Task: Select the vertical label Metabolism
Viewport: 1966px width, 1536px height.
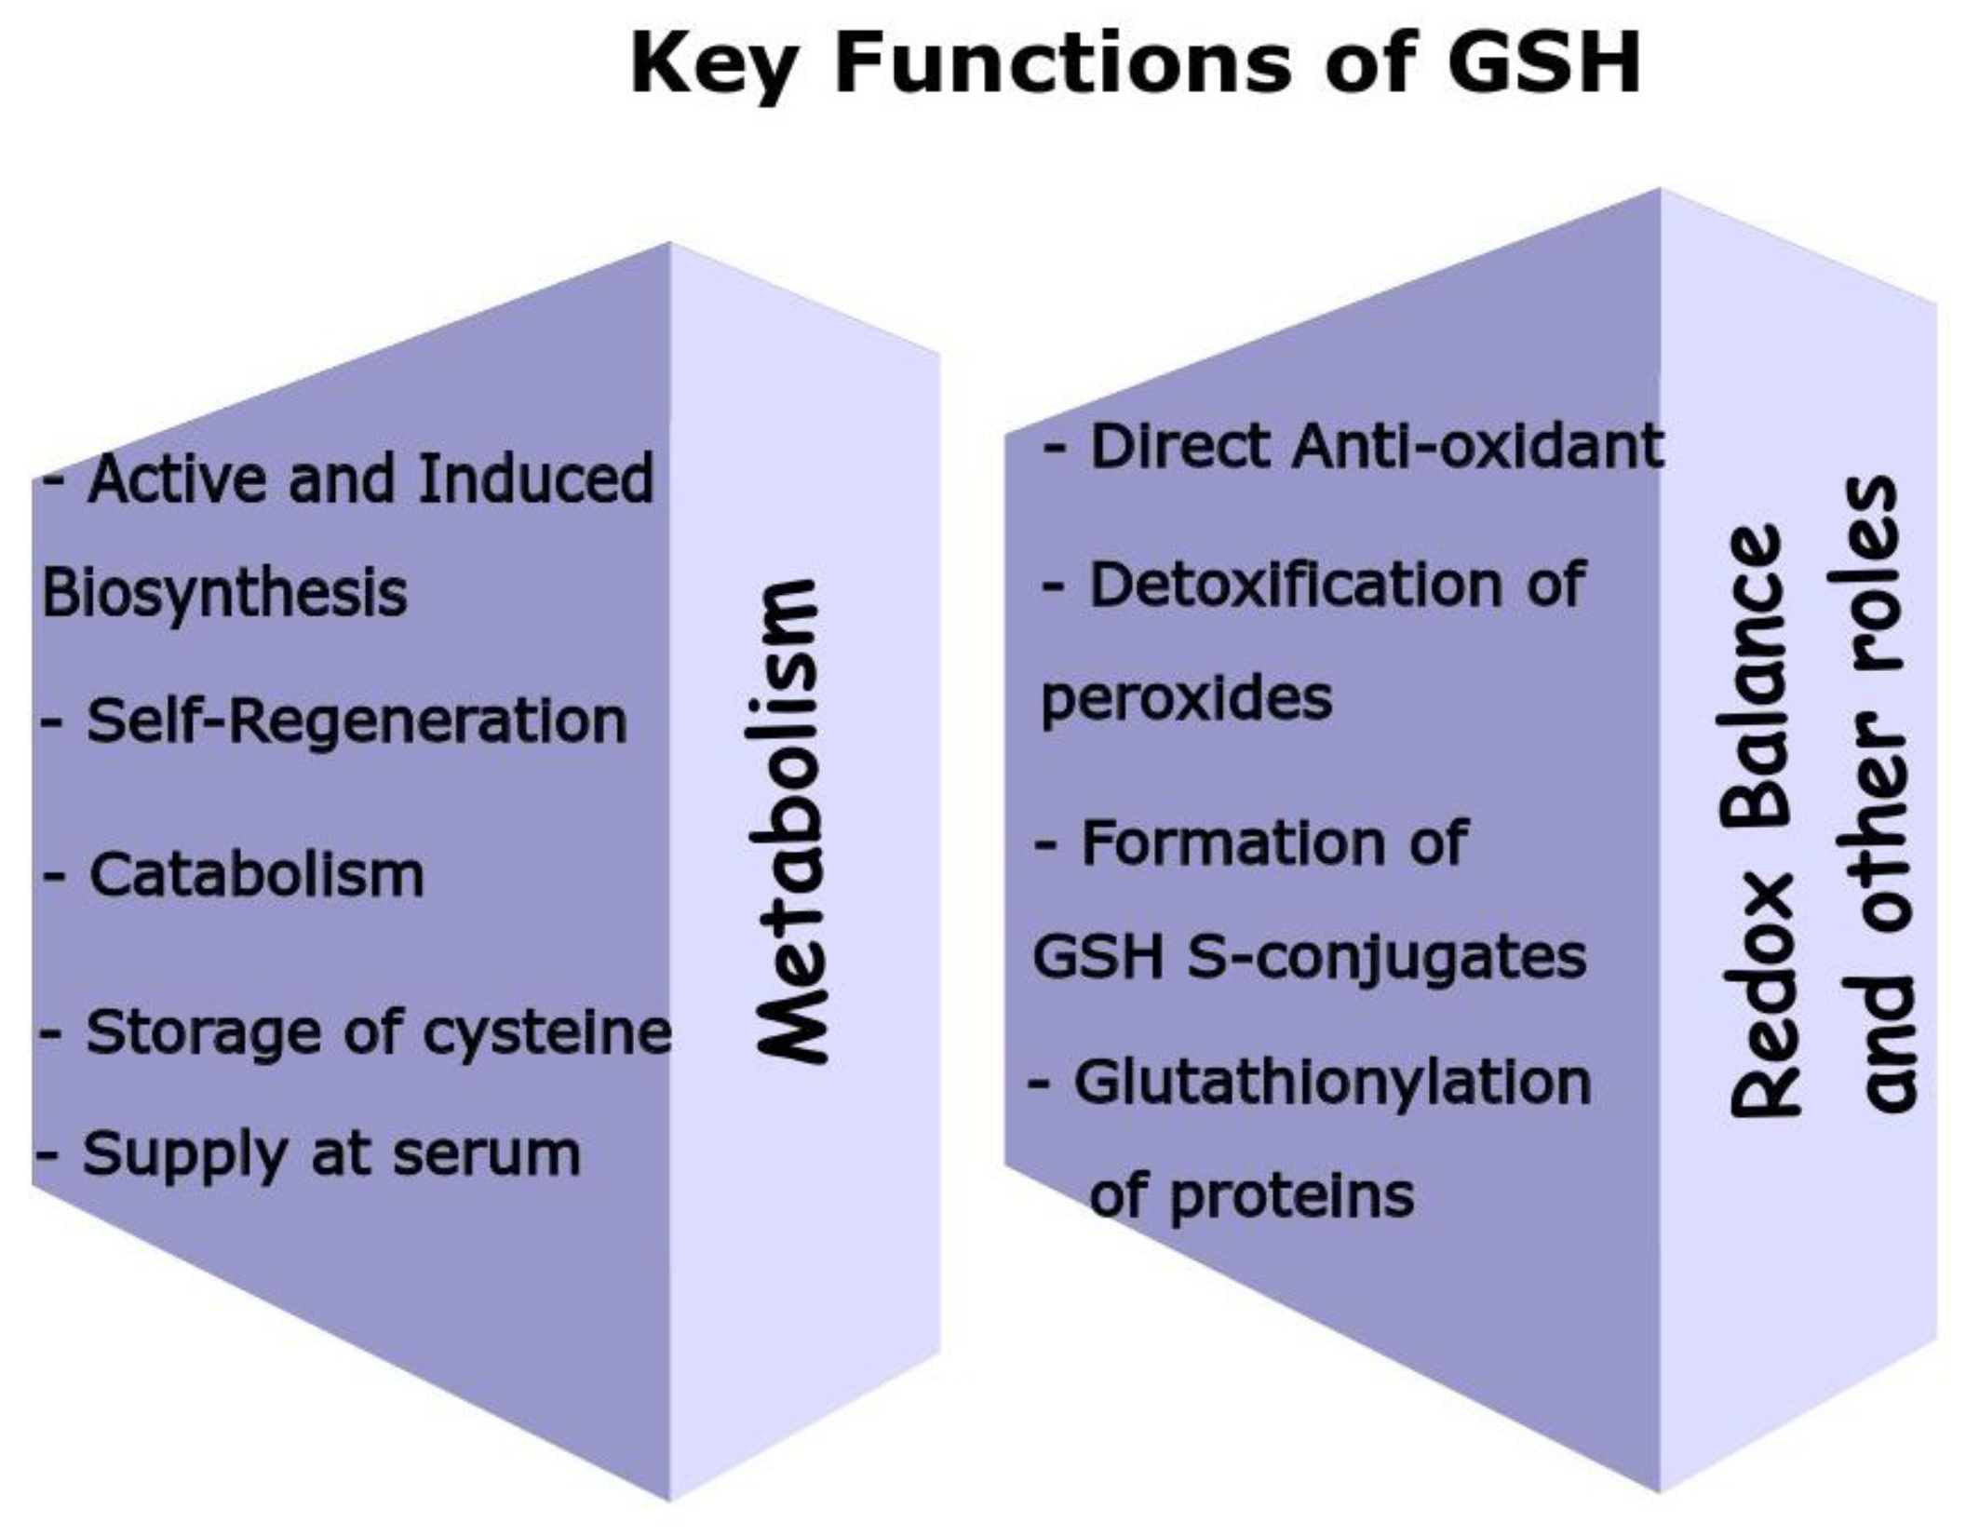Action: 789,821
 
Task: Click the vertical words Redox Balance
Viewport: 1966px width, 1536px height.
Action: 1757,819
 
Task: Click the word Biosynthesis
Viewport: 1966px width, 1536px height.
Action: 224,594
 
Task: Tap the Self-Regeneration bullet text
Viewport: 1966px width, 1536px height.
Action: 357,721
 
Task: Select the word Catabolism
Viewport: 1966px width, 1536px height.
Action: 256,875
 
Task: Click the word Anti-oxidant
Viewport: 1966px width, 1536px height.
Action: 1477,446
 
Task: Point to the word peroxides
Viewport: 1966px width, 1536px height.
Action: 1187,698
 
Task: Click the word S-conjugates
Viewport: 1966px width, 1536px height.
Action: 1386,956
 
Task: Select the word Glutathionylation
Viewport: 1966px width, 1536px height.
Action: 1333,1083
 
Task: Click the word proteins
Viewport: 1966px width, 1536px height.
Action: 1292,1196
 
